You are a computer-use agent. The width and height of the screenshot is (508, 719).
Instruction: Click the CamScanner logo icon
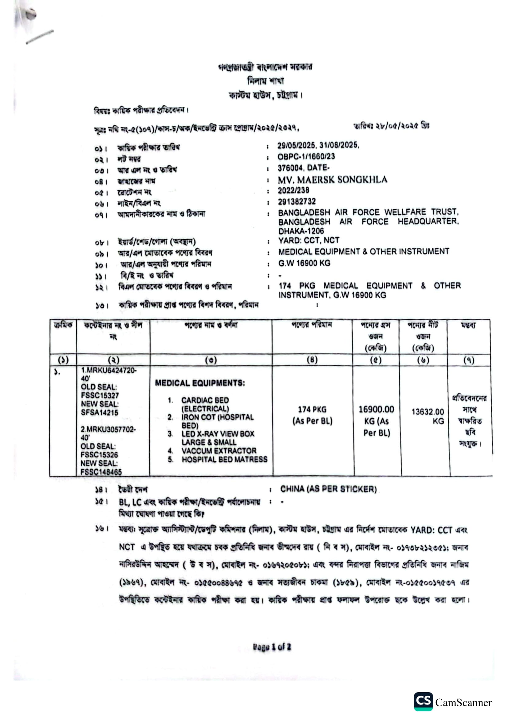[x=423, y=702]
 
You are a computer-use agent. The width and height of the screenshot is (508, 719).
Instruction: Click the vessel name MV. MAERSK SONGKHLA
[x=332, y=180]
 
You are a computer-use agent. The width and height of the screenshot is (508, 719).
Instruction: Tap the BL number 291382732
[x=297, y=202]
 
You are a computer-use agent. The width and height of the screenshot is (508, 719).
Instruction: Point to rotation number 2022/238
[x=293, y=190]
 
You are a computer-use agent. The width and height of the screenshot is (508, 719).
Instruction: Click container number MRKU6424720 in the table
[x=108, y=370]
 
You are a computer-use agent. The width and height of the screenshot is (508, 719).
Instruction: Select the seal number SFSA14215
[x=100, y=413]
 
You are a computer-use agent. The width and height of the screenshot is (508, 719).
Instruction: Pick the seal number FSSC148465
[x=101, y=472]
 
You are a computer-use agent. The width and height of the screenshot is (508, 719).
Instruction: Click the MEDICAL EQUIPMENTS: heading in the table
[x=200, y=383]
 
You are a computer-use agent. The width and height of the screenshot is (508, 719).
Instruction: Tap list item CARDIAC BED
[x=205, y=400]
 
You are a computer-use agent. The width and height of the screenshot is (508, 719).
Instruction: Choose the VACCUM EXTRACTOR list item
[x=219, y=451]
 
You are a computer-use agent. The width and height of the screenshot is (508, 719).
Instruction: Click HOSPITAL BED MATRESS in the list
[x=224, y=459]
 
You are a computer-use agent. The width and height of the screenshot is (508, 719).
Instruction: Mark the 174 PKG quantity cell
[x=312, y=409]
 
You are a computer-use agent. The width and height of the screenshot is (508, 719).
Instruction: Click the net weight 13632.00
[x=427, y=412]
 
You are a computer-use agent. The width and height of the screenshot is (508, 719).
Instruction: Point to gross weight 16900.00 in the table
[x=376, y=409]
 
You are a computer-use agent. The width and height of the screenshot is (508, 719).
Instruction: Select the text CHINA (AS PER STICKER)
[x=328, y=489]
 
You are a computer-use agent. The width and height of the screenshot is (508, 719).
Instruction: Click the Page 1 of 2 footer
[x=272, y=647]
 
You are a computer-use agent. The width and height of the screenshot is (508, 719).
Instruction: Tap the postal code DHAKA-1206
[x=301, y=231]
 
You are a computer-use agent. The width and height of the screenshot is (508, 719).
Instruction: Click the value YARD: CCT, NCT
[x=309, y=240]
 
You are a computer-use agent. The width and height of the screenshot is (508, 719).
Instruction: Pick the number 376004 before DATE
[x=290, y=168]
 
